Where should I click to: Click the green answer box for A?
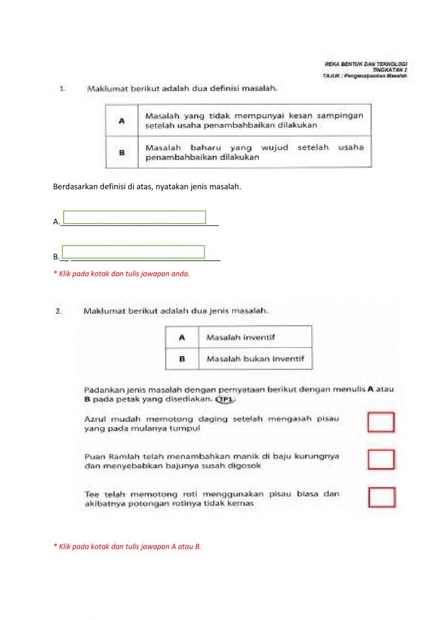(134, 217)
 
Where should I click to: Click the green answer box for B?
(133, 251)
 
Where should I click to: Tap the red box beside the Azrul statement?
(381, 422)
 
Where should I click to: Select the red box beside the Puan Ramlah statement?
(381, 459)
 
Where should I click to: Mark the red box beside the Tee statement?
(381, 497)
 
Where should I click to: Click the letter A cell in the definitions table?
(122, 121)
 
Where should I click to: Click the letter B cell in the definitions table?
(122, 153)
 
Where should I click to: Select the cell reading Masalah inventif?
(241, 337)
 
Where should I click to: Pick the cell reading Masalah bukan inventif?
(255, 359)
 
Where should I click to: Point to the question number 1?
(62, 89)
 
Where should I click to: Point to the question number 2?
(58, 311)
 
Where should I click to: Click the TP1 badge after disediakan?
(225, 399)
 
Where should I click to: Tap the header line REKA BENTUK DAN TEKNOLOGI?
(366, 64)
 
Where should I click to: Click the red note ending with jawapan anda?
(122, 273)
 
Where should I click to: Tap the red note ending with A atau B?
(127, 546)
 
